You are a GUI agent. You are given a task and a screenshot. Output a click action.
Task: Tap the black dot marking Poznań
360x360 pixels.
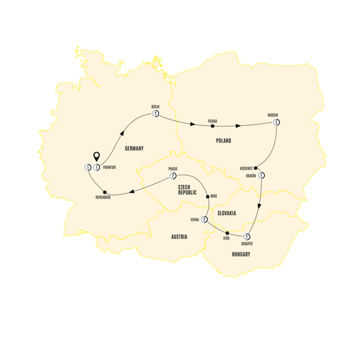tap(212, 127)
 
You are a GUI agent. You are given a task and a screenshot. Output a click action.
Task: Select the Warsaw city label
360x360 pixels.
tap(274, 114)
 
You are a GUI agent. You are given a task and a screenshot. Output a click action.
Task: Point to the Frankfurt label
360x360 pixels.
tap(111, 168)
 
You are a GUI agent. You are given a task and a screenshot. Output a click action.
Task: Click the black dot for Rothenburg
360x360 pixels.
tap(106, 192)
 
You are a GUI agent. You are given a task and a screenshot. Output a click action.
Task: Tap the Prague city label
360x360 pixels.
tap(174, 169)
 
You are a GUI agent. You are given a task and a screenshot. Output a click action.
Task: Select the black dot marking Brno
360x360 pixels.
tap(207, 196)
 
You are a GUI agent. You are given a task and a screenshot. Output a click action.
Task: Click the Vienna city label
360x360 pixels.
tap(195, 220)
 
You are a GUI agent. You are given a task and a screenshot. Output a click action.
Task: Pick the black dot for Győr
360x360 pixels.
tap(227, 233)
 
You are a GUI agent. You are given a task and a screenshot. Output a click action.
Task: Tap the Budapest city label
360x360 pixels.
tap(246, 244)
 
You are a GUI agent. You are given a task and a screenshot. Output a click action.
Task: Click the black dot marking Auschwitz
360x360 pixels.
tap(256, 168)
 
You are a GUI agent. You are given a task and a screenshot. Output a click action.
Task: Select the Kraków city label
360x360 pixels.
tap(251, 176)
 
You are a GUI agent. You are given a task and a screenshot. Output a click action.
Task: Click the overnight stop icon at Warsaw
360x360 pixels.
tap(277, 122)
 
